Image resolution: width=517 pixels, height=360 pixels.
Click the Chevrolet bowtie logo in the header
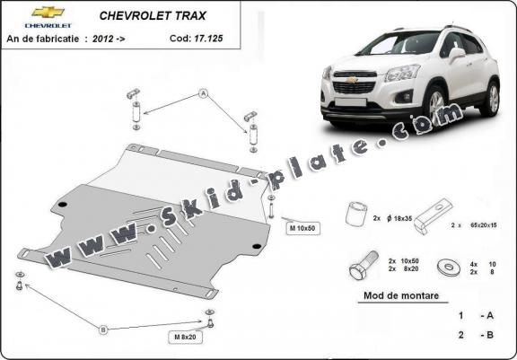pos(48,13)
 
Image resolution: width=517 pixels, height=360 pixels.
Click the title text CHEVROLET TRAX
pos(153,16)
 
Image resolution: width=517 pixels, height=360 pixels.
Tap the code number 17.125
pos(208,39)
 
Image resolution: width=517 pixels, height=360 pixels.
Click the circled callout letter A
pos(204,94)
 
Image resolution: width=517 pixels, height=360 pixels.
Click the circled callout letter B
pos(103,329)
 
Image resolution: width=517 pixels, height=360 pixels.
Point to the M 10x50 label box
pos(303,228)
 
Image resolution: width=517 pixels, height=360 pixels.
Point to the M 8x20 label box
pos(185,337)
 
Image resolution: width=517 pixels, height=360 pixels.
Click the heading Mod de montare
pos(401,295)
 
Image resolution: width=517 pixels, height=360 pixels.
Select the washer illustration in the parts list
pos(449,268)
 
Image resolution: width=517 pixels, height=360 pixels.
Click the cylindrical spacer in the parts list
pos(356,214)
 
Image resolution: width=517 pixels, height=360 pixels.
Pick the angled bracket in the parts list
pos(433,216)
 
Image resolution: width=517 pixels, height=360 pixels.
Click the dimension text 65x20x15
pos(484,225)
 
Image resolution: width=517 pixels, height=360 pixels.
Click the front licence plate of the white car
pos(350,102)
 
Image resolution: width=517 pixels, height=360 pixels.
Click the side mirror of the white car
pos(457,54)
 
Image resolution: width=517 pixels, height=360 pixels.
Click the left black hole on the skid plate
pos(62,205)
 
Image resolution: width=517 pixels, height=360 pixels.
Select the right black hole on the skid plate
pos(257,246)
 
